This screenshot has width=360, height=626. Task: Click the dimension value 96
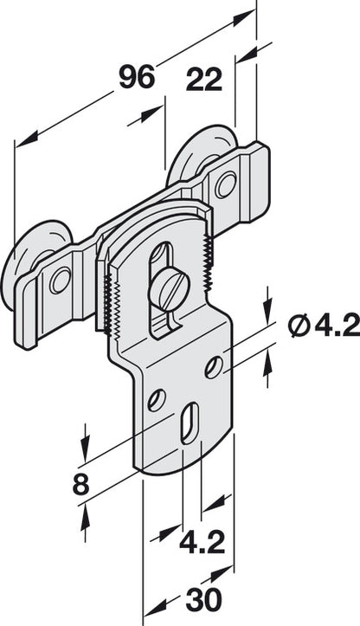[x=136, y=77]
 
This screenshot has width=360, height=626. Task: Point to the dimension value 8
[x=80, y=484]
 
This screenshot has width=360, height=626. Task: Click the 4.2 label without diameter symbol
[x=202, y=543]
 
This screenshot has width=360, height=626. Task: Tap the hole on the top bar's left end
[x=60, y=280]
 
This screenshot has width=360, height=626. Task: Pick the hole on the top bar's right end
[x=225, y=184]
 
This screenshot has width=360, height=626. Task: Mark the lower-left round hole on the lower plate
[x=157, y=400]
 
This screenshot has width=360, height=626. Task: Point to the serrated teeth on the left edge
[x=106, y=298]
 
